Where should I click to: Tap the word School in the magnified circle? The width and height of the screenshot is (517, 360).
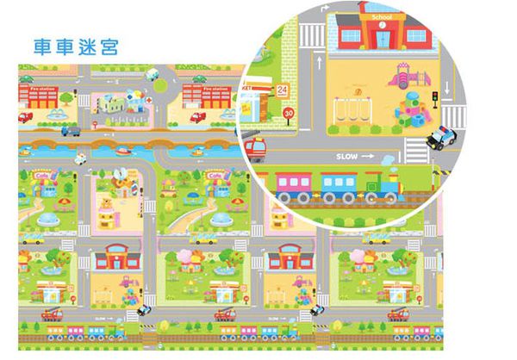tap(380, 16)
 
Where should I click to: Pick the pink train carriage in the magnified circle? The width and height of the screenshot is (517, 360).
tap(296, 186)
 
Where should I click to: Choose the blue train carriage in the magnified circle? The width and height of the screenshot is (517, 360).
tap(339, 186)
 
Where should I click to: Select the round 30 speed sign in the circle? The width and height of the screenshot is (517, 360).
tap(288, 112)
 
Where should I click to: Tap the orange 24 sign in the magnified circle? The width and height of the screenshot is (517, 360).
tap(283, 89)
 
